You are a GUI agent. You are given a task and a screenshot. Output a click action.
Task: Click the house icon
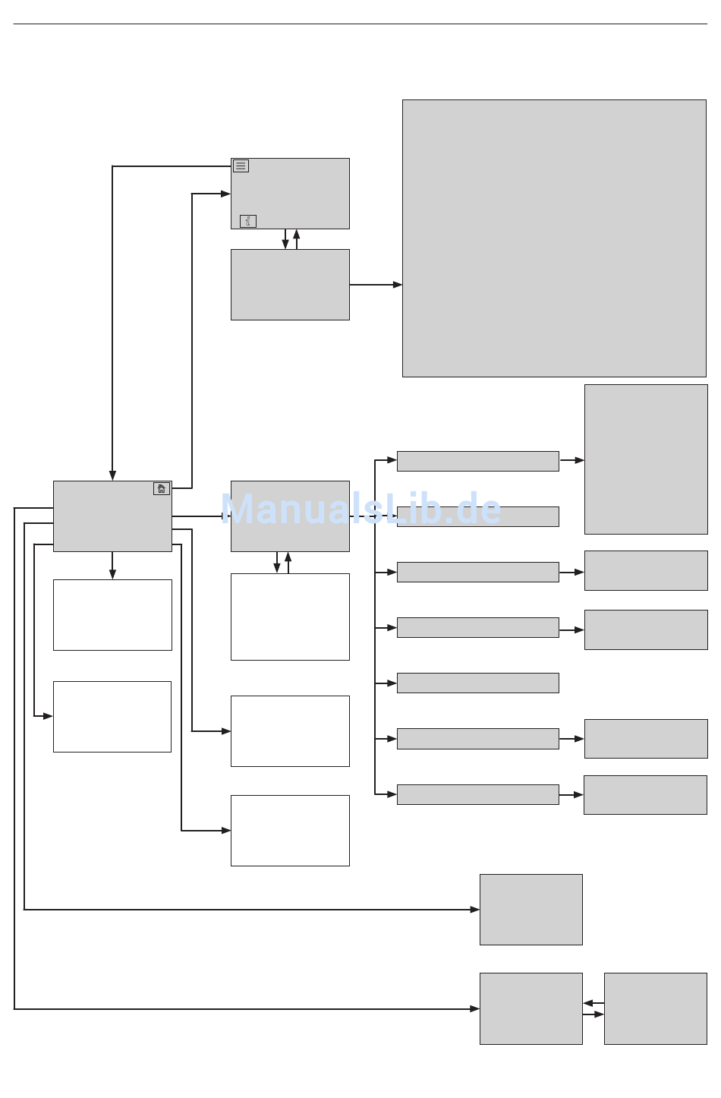(162, 488)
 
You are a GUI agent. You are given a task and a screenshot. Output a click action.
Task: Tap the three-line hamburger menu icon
(241, 166)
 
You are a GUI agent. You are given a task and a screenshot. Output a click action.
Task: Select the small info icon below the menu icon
(248, 221)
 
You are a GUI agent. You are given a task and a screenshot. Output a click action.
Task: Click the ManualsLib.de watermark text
(361, 509)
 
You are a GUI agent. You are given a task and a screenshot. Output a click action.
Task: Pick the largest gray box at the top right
(554, 238)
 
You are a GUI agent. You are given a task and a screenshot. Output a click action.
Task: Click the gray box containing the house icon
(112, 520)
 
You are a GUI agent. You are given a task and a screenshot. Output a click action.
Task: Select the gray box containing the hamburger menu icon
(290, 194)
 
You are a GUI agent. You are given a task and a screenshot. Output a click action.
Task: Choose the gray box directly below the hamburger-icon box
(290, 285)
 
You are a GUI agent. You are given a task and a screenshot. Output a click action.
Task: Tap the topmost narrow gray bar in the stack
(477, 461)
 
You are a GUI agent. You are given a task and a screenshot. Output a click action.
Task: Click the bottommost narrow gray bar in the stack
(477, 794)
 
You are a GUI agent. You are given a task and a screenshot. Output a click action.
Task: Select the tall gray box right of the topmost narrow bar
(646, 459)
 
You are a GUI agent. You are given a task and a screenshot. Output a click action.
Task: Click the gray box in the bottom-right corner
(655, 1008)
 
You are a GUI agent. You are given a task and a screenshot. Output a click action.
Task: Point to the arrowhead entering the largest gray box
(398, 285)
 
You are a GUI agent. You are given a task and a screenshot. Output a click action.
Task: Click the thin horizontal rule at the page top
(360, 24)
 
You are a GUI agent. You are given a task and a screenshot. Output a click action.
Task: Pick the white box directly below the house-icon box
(112, 615)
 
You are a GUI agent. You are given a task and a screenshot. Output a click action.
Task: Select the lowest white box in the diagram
(290, 831)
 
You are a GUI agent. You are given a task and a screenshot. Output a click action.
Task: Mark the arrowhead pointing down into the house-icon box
(112, 475)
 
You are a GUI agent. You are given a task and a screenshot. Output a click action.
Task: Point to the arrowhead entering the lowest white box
(226, 831)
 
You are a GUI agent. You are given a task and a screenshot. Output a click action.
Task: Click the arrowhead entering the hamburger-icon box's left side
(225, 194)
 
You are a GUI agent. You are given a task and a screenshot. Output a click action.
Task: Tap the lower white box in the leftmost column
(112, 717)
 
